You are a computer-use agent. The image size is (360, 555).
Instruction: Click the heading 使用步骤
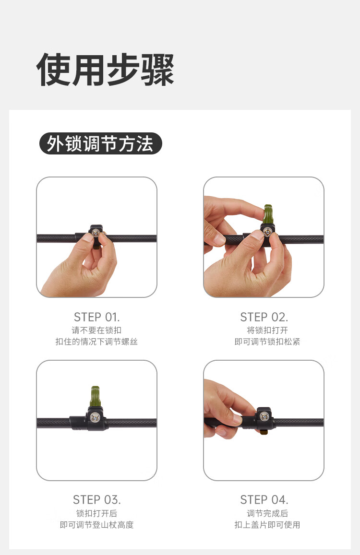[105, 70]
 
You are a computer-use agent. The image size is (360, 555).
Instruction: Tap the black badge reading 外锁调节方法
[101, 143]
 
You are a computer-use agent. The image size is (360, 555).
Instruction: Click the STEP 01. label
[97, 317]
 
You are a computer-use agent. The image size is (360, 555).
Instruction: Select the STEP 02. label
[264, 317]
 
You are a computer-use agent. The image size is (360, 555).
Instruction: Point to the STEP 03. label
[97, 500]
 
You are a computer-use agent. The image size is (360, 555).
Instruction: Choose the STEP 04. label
[264, 500]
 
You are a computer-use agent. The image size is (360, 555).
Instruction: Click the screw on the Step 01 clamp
[96, 233]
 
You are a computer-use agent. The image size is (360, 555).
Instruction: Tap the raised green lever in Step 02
[268, 214]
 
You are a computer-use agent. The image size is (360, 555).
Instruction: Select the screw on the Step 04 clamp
[264, 416]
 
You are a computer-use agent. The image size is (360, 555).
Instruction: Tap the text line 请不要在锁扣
[97, 330]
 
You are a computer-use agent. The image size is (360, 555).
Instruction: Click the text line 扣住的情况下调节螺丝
[97, 342]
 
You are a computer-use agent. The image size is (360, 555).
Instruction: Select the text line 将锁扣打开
[267, 330]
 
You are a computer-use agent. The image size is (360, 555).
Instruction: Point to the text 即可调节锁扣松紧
[267, 342]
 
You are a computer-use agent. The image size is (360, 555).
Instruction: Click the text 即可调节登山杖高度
[97, 525]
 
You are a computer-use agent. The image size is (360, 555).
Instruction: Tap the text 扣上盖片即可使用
[267, 525]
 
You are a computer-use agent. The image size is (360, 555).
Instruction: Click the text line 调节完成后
[267, 513]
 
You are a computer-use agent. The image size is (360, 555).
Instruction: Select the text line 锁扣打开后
[97, 513]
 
